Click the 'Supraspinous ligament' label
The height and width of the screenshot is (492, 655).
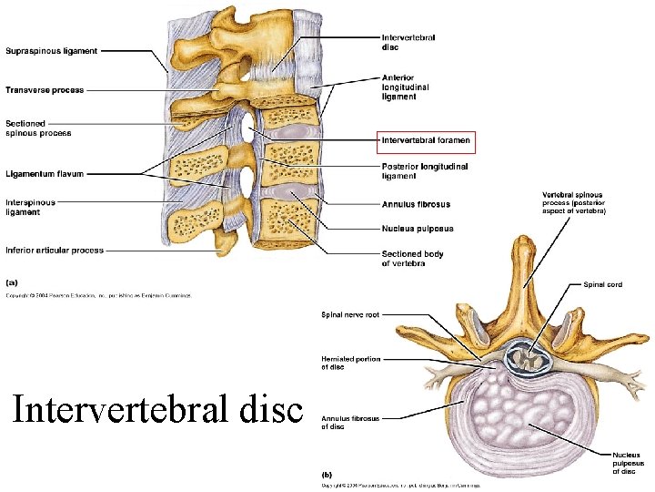point(52,51)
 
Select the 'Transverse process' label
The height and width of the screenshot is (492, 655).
point(45,90)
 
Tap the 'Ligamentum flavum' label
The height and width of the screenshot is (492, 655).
point(43,172)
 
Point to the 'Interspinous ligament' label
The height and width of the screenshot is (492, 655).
point(31,208)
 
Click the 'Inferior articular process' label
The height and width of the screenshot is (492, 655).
point(55,250)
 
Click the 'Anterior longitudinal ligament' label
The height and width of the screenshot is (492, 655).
point(406,87)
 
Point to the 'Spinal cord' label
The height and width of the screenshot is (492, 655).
point(603,285)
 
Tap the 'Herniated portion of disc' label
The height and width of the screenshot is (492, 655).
point(351,363)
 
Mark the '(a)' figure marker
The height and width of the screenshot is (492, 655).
point(12,282)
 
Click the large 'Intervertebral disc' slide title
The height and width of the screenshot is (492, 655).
point(156,412)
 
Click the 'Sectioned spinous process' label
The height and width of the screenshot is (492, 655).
point(38,128)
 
